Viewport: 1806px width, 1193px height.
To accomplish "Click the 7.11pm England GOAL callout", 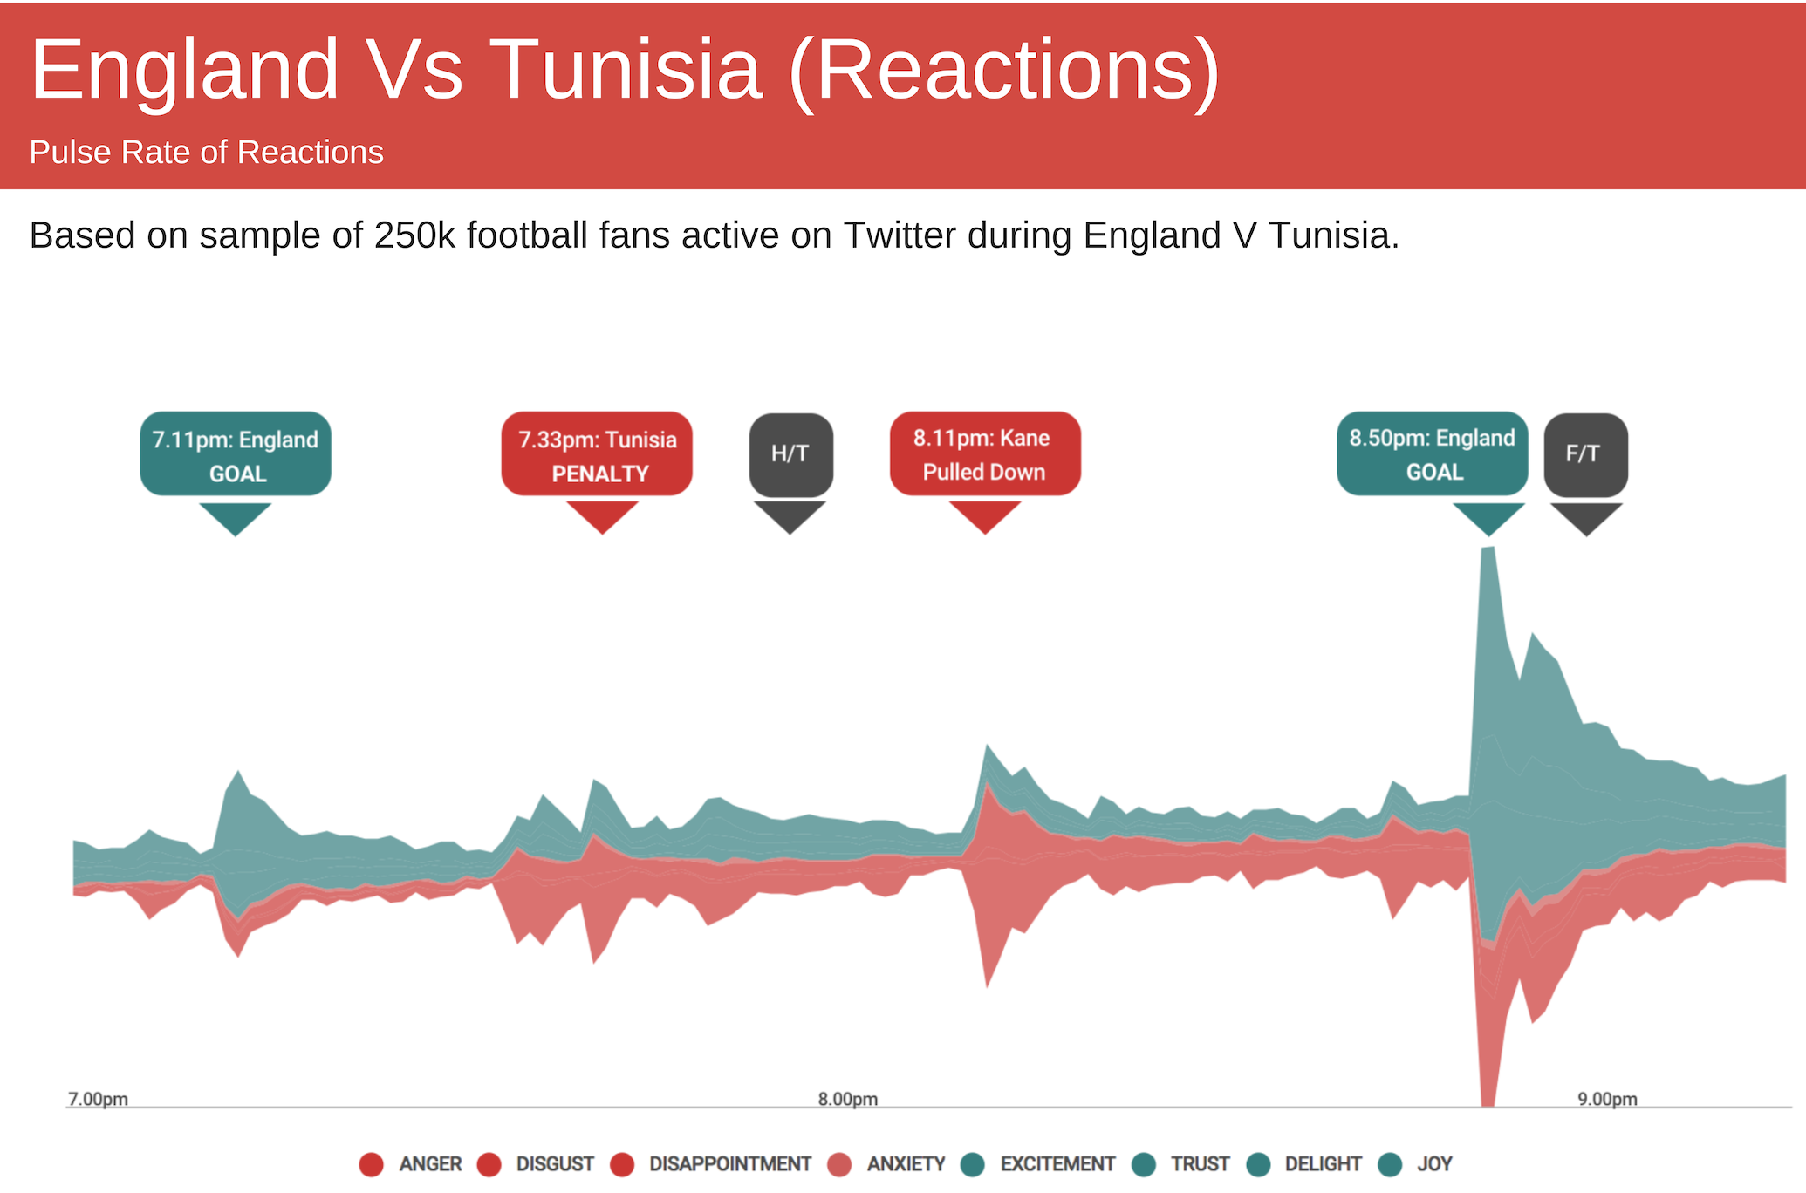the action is [x=236, y=453].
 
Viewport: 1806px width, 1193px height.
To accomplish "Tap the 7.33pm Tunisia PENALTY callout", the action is [x=597, y=453].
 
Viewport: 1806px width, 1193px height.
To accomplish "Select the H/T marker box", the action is [x=790, y=454].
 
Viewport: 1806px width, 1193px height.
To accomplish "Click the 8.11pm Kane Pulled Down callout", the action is [x=985, y=453].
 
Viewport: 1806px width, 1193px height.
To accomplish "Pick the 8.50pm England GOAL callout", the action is [x=1433, y=453].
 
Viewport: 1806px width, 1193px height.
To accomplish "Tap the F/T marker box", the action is [x=1585, y=454].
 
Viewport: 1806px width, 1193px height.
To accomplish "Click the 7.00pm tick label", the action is [x=98, y=1099].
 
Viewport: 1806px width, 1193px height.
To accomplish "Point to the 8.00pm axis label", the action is [x=848, y=1099].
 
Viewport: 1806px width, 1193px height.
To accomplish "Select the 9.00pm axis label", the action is [x=1607, y=1099].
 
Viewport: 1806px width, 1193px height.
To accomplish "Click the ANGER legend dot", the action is [x=371, y=1164].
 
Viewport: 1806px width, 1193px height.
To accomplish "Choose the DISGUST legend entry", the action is [x=537, y=1164].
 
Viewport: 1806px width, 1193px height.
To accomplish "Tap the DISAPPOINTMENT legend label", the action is [x=730, y=1164].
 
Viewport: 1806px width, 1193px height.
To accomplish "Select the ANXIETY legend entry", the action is [x=886, y=1164].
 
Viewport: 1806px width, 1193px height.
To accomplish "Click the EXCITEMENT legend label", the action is [x=1057, y=1164].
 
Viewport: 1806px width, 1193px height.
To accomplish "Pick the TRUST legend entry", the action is [x=1180, y=1164].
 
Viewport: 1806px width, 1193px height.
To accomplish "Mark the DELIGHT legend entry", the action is [x=1304, y=1164].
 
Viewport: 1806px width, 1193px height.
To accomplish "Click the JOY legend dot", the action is [x=1390, y=1164].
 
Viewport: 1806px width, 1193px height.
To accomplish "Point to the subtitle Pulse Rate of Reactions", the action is [x=207, y=153].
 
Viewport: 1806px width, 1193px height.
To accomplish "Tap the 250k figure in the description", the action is [x=414, y=235].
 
